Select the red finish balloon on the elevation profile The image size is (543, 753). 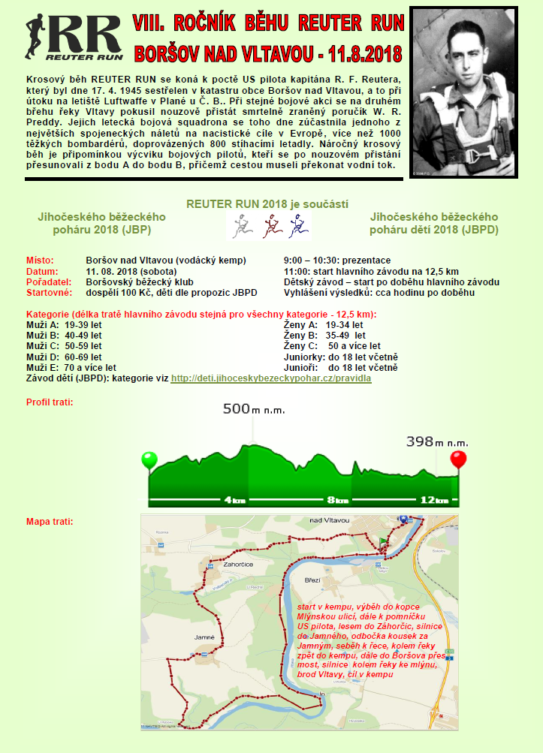pos(458,459)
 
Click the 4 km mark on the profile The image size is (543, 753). pos(234,499)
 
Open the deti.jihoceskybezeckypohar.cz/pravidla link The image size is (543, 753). pos(271,378)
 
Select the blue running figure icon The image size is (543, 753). pos(299,224)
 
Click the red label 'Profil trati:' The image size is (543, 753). pos(50,402)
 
